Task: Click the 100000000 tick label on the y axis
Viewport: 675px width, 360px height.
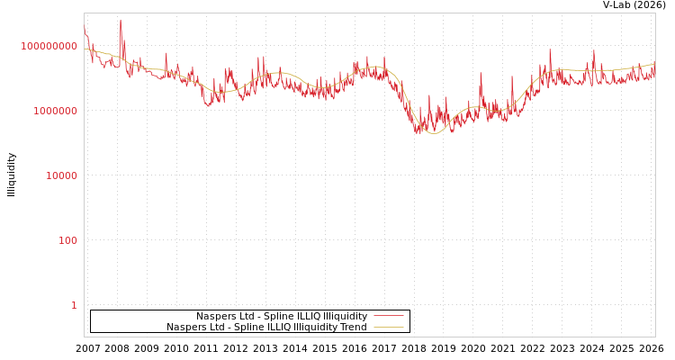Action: [x=49, y=46]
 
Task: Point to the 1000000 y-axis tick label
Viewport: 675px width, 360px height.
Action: [x=55, y=111]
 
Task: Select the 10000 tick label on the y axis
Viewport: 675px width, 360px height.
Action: [x=61, y=175]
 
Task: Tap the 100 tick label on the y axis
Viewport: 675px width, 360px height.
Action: [x=68, y=240]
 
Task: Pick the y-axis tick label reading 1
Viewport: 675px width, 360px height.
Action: [x=74, y=305]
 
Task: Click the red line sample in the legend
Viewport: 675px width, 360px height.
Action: [x=389, y=316]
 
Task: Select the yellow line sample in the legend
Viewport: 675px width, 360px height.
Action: [x=389, y=328]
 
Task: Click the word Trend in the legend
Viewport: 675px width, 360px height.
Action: [x=353, y=328]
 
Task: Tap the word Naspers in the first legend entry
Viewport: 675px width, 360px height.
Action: [x=215, y=317]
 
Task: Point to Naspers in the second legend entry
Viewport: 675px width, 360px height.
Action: [x=185, y=328]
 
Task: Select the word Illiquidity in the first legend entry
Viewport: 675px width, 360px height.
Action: [x=345, y=317]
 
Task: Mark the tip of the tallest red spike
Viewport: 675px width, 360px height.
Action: [x=121, y=20]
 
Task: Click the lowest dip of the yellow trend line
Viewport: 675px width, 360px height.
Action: [x=434, y=133]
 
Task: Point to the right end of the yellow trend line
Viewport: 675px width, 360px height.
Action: [x=654, y=63]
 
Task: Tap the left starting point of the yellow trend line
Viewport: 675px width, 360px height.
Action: [x=85, y=48]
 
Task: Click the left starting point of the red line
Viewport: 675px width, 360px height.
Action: [x=85, y=29]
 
